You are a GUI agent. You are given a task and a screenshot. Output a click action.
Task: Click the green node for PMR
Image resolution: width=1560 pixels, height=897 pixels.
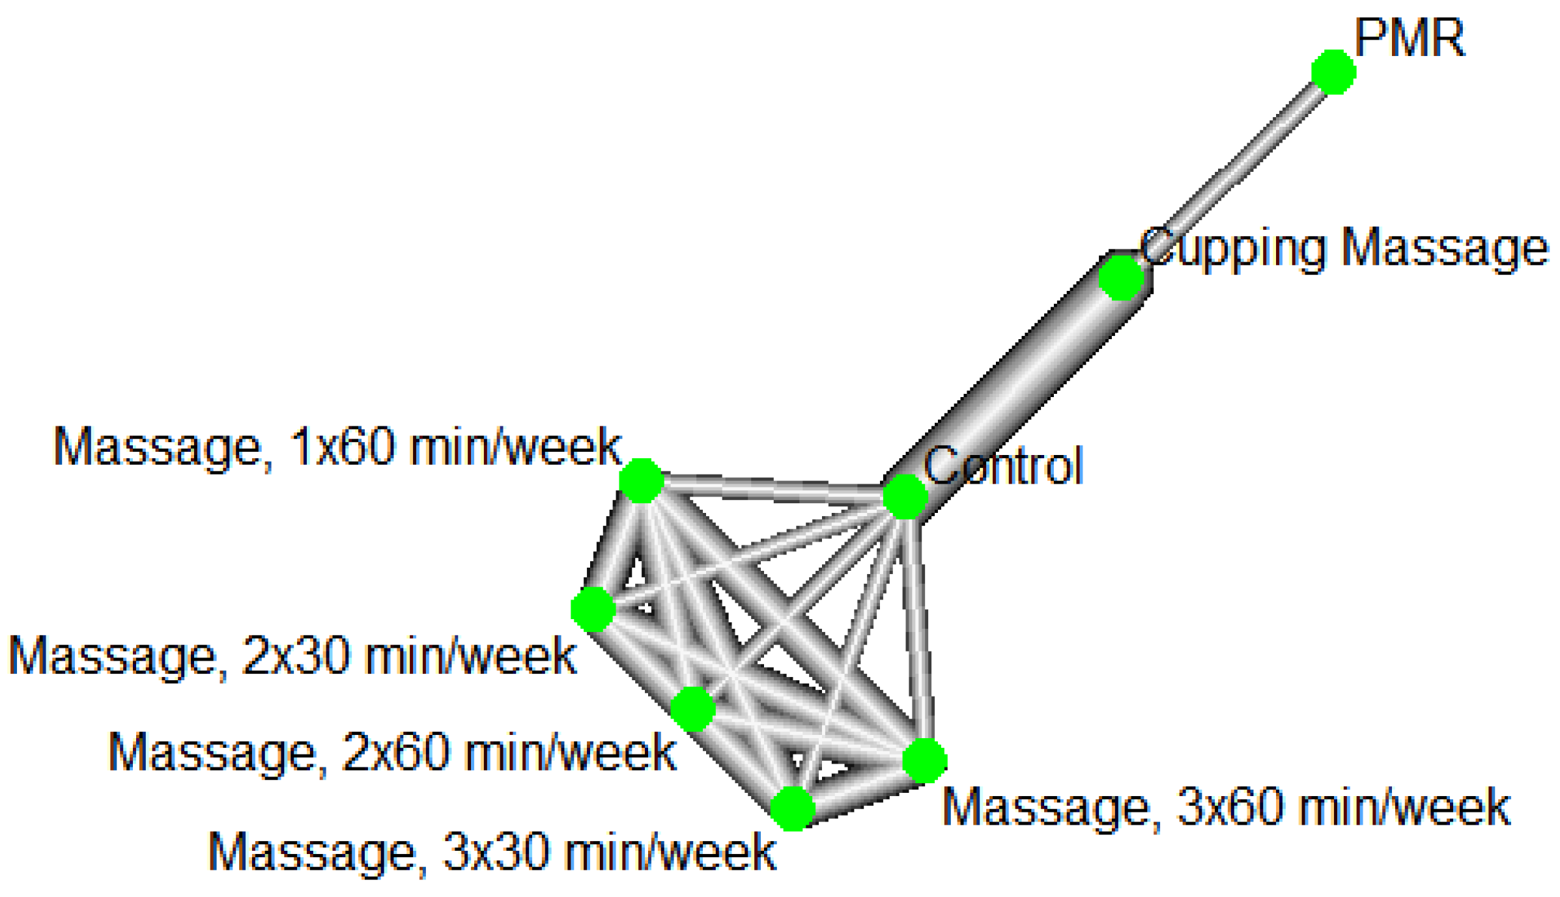[1333, 72]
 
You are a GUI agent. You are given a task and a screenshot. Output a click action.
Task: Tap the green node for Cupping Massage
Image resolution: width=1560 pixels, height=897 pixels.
[1120, 277]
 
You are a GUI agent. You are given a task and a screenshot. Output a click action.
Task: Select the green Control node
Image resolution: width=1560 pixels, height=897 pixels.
[905, 497]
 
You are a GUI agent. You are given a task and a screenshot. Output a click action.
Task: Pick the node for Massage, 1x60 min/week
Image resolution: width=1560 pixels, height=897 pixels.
[642, 480]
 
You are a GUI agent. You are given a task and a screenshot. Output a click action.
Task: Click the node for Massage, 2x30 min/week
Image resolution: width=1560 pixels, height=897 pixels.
[593, 609]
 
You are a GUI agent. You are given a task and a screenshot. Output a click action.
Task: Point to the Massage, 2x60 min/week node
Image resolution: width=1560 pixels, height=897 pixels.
[693, 709]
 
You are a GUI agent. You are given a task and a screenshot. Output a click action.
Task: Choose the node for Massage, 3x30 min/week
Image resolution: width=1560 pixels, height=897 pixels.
[793, 808]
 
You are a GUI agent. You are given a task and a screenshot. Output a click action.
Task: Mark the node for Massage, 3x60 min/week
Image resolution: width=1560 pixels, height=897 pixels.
[924, 760]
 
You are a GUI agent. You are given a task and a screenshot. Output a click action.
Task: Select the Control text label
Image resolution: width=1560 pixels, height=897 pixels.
[1003, 466]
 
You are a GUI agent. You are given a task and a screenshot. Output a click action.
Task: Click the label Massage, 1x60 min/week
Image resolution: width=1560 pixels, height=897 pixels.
[337, 447]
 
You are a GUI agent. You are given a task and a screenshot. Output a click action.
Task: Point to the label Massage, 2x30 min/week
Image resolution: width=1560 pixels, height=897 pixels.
[292, 656]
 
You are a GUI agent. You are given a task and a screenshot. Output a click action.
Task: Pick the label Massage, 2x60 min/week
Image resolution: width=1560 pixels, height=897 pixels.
[391, 753]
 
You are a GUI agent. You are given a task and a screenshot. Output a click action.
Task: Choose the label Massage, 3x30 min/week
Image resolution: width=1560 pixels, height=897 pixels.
[492, 852]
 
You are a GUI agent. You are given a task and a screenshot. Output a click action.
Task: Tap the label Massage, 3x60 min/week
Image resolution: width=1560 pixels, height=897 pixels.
[1226, 808]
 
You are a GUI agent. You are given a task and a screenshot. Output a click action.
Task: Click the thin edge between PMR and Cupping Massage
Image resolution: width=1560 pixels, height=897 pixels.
[1231, 171]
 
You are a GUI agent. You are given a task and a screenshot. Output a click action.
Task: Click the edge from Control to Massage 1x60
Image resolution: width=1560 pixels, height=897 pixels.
[772, 489]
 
